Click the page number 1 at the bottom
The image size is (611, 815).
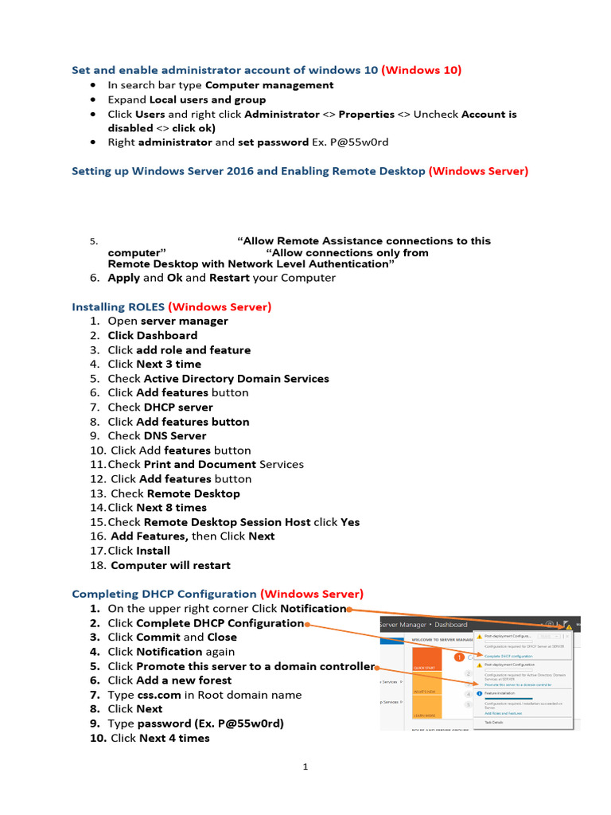click(305, 767)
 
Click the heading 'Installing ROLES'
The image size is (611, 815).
click(117, 306)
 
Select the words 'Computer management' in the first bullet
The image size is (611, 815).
click(269, 85)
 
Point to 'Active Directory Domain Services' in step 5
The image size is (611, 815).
click(235, 379)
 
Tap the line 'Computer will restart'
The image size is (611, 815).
click(170, 565)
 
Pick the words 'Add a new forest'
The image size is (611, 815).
click(184, 680)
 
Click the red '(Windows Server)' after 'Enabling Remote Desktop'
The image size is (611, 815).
click(478, 171)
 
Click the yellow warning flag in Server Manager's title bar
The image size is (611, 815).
click(568, 626)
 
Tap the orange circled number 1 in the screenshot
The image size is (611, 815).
click(459, 658)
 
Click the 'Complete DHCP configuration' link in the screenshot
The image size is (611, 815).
click(510, 655)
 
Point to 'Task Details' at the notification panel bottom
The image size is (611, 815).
click(495, 722)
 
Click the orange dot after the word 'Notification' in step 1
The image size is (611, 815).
click(349, 609)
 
